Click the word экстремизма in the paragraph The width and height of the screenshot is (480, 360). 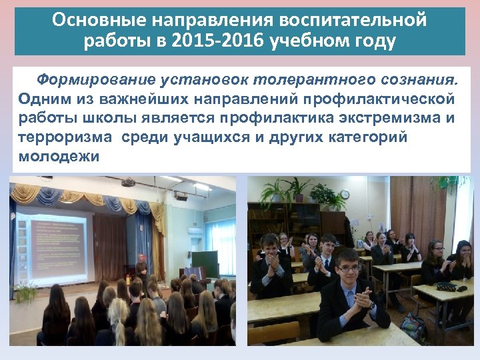pyautogui.click(x=373, y=118)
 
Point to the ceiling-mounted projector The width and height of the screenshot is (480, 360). pyautogui.click(x=127, y=182)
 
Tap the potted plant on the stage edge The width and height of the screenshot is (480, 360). pyautogui.click(x=25, y=291)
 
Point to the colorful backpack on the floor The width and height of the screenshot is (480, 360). pyautogui.click(x=413, y=327)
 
